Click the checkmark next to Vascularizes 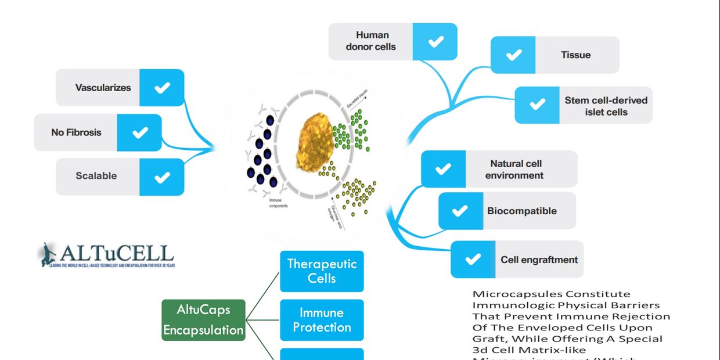162,88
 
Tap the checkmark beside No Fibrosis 140,132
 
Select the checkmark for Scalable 162,177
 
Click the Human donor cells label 370,41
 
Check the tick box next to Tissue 513,55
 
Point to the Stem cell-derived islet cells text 606,106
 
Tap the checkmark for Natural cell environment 443,169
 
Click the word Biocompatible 521,211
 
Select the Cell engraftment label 539,260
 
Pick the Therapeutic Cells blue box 322,271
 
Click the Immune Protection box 322,320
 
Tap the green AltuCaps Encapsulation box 203,319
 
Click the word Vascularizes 103,88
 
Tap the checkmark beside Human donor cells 435,41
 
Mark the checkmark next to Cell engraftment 473,259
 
